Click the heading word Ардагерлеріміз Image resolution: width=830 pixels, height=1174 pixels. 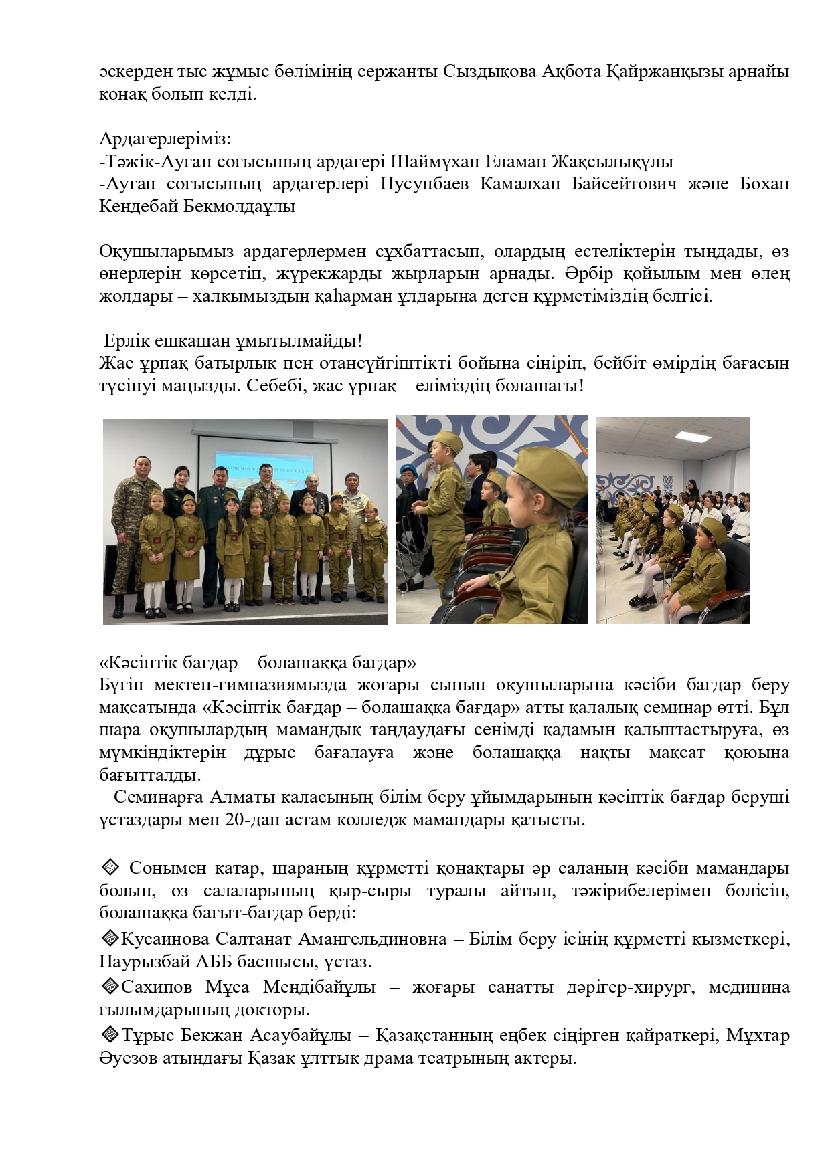[x=165, y=140]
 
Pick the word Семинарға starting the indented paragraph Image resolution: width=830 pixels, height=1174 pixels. [x=158, y=797]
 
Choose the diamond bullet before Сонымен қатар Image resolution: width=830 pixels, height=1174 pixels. [x=109, y=868]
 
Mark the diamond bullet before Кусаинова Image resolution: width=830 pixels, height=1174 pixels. [x=109, y=939]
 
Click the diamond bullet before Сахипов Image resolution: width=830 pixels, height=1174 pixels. [x=109, y=987]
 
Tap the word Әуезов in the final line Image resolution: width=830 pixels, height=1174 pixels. [x=127, y=1059]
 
